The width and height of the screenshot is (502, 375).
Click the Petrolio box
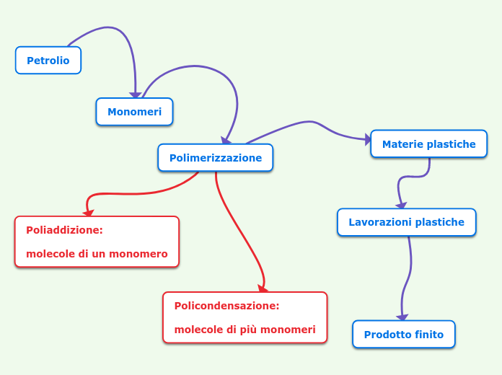click(48, 61)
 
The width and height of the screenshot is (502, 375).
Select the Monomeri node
click(134, 112)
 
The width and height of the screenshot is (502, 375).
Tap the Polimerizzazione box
click(215, 158)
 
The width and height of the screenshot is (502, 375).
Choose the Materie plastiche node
click(428, 144)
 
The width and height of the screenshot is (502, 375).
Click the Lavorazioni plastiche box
click(406, 222)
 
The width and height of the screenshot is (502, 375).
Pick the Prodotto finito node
click(403, 335)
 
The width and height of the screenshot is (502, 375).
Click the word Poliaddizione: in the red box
click(64, 230)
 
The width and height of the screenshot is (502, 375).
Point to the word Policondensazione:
click(226, 306)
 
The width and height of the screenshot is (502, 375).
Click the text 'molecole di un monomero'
click(97, 254)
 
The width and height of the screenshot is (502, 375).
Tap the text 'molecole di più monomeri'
click(245, 330)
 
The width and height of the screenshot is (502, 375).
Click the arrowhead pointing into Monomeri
click(135, 94)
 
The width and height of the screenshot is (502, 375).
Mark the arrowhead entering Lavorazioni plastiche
click(401, 206)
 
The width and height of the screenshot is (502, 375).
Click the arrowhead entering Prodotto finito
click(402, 317)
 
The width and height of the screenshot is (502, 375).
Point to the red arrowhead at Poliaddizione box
click(88, 213)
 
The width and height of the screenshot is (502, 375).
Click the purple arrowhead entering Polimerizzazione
click(226, 141)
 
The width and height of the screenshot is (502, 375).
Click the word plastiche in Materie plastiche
click(451, 144)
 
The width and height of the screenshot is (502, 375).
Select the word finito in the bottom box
click(429, 335)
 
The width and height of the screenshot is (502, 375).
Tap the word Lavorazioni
click(378, 222)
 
